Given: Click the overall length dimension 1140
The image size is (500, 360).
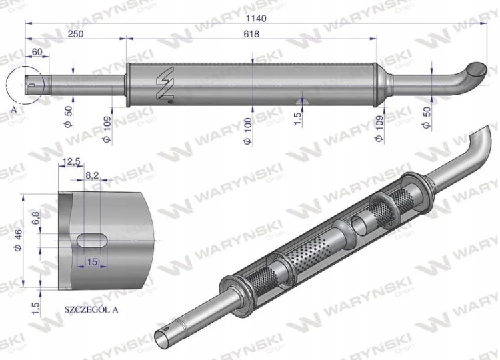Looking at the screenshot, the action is [x=256, y=18].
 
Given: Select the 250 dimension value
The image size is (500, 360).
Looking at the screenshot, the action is [x=75, y=34].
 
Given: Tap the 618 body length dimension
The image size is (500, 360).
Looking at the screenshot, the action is [x=251, y=34].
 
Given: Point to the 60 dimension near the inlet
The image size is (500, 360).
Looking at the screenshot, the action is [x=37, y=51].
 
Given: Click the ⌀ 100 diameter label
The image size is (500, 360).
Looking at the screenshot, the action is [x=248, y=131].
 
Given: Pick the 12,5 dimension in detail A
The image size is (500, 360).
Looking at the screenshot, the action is [x=71, y=162].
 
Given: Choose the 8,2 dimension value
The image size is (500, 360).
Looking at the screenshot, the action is [x=92, y=175].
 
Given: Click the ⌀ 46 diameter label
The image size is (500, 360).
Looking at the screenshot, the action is [x=18, y=240].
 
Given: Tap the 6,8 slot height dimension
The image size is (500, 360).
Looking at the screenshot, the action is [x=36, y=218].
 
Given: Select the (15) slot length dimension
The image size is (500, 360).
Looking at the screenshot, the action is [x=92, y=261].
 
